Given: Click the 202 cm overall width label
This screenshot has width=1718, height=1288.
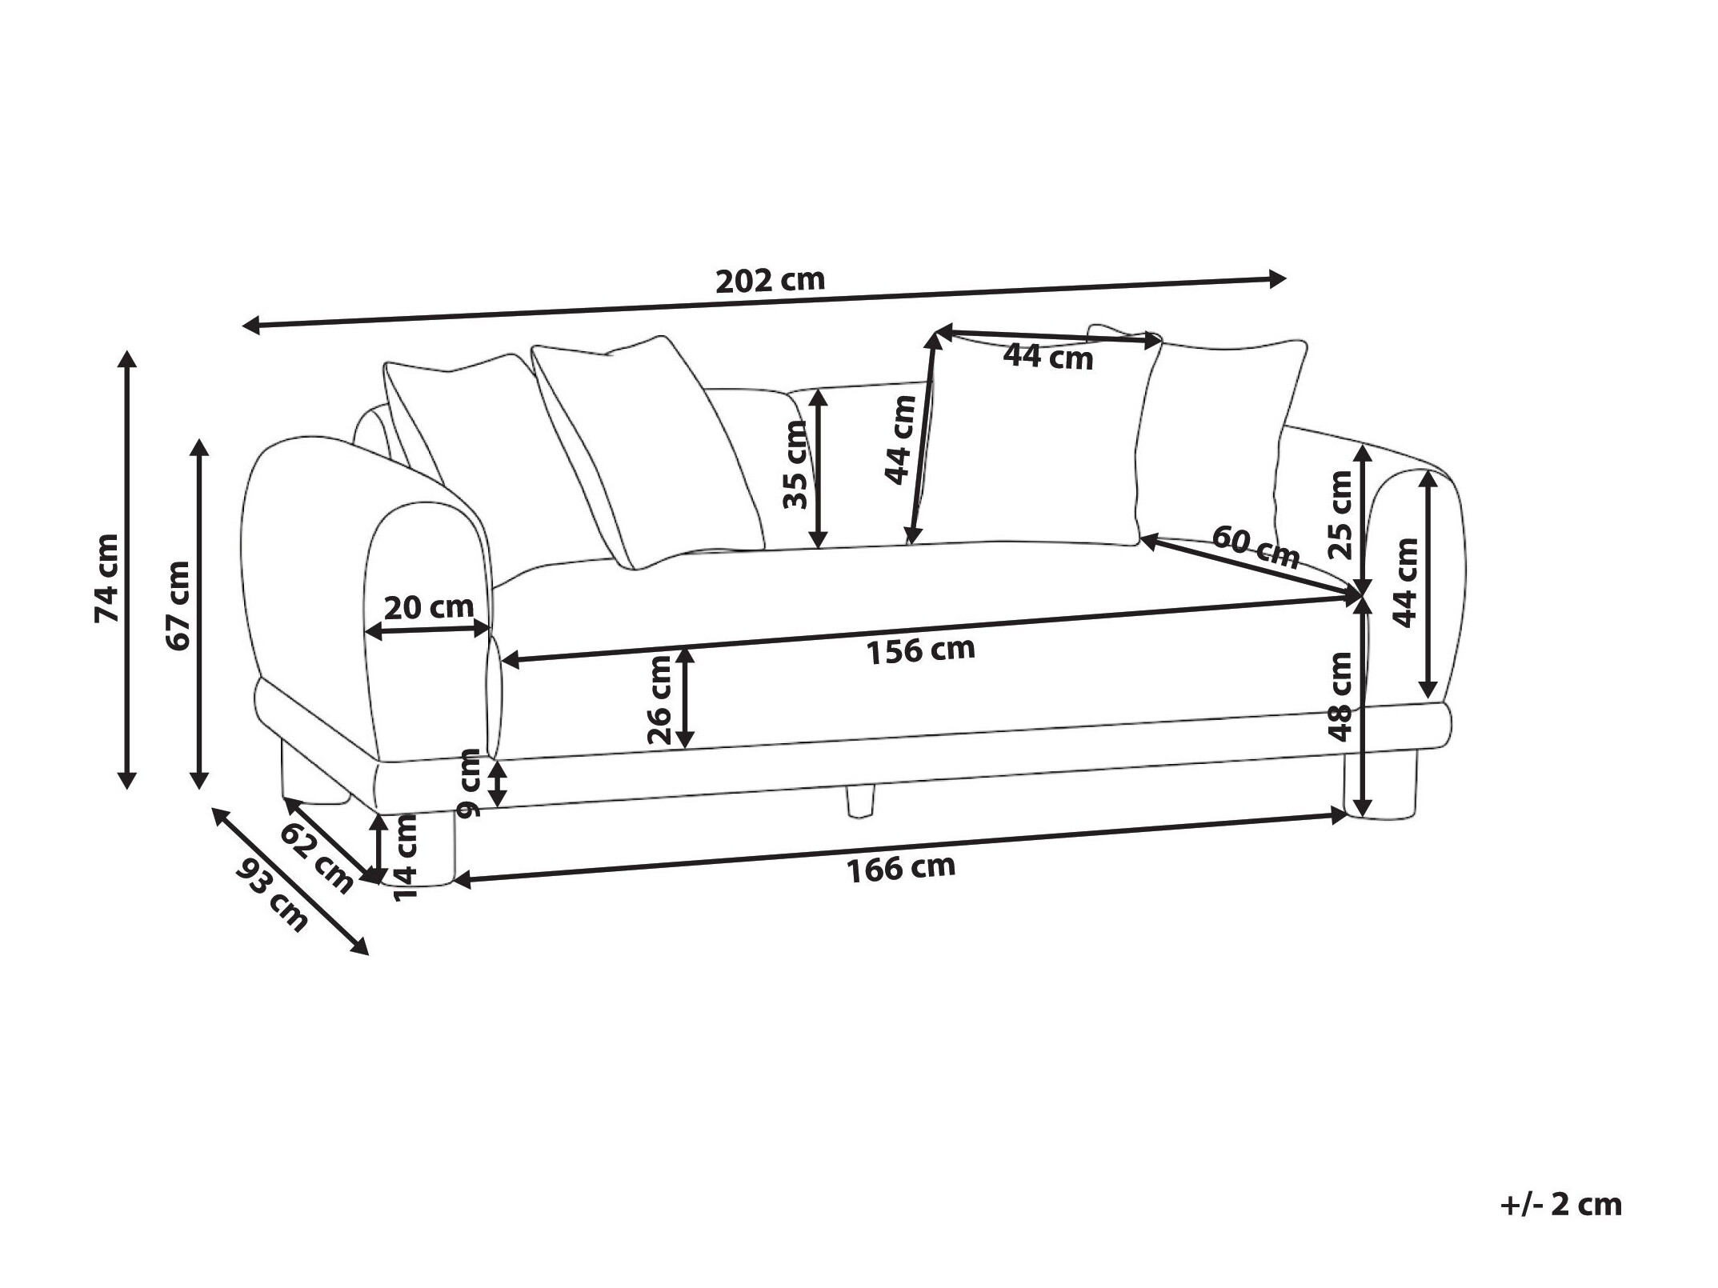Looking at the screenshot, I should point(769,280).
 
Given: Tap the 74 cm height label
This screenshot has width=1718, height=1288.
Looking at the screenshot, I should point(106,578).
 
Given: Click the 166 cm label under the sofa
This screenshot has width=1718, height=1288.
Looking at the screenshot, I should point(901,869).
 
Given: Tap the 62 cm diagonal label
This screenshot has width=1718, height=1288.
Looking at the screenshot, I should point(317,858).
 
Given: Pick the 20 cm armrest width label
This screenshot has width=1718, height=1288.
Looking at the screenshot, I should point(429,608).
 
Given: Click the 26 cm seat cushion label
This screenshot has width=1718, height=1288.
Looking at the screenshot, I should point(661,700).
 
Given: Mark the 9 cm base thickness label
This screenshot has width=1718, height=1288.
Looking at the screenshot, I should point(470,783).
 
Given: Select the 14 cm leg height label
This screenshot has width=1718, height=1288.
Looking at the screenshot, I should point(406,857).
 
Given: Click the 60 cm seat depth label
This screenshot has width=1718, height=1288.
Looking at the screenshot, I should point(1255,547).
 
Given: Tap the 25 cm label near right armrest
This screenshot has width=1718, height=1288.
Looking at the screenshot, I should point(1340,514).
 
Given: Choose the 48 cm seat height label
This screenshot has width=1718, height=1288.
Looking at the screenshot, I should point(1340,697).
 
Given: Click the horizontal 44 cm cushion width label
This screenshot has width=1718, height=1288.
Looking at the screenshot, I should point(1048,356).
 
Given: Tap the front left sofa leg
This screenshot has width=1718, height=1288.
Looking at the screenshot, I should point(419,848).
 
